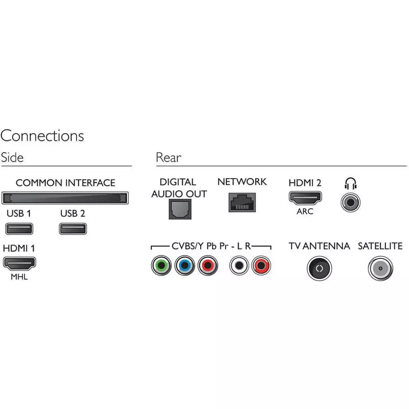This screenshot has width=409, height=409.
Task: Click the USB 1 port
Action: (x=19, y=229)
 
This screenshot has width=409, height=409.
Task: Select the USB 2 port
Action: (x=73, y=229)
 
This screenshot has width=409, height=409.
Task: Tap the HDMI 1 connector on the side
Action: (x=20, y=263)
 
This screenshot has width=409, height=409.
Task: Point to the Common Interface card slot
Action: (x=65, y=198)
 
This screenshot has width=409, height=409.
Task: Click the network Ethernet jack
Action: (x=242, y=202)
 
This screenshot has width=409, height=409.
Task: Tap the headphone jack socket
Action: (x=350, y=202)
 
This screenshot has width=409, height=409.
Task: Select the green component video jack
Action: (x=161, y=265)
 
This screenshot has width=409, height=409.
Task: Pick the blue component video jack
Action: (x=185, y=265)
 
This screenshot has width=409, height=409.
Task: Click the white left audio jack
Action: (x=239, y=265)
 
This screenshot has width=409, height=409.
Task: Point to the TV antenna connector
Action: (x=319, y=268)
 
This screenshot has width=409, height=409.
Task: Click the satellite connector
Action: (x=380, y=268)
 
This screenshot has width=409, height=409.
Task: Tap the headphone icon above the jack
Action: (x=350, y=183)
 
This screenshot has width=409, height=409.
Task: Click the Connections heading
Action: (x=42, y=136)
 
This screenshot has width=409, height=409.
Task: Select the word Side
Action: (x=12, y=157)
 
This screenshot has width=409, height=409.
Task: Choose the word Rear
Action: (x=168, y=157)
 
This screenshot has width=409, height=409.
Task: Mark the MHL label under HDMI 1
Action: (x=19, y=277)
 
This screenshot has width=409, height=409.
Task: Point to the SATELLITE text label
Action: (x=380, y=246)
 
